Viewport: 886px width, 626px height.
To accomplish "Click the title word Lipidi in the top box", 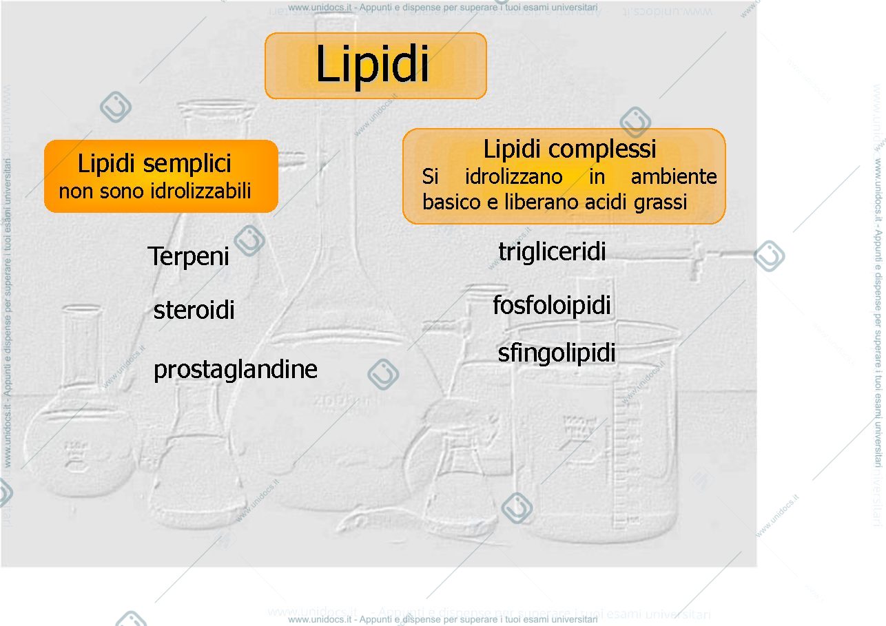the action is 372,65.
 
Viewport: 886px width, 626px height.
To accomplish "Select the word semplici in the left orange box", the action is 187,164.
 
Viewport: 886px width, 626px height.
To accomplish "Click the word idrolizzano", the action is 513,176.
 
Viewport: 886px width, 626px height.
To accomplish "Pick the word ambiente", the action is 674,176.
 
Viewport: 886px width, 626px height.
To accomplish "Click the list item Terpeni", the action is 188,257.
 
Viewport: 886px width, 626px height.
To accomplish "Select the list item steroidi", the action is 194,310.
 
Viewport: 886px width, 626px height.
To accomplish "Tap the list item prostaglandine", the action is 236,370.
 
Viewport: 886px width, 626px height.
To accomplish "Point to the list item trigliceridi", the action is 552,251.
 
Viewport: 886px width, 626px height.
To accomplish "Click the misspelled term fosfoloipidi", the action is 552,305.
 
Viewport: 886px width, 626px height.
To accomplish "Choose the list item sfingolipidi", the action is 557,353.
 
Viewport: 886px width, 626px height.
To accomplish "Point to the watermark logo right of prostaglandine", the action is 383,374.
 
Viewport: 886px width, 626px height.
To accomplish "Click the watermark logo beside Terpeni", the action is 249,240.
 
